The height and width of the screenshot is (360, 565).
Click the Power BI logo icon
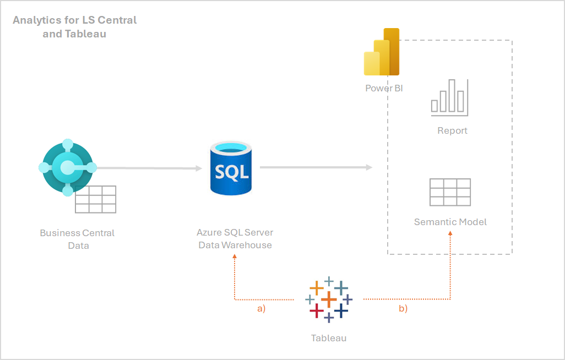coord(382,53)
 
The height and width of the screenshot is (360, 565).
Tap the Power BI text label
coord(384,88)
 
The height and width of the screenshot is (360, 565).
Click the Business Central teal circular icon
coord(68,167)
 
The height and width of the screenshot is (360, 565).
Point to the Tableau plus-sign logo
coord(329,299)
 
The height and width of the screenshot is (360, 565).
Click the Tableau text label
coord(329,338)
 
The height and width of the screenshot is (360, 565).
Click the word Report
coord(452,130)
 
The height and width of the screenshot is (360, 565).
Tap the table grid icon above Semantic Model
coord(450,192)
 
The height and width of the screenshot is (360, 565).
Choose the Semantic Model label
coord(450,222)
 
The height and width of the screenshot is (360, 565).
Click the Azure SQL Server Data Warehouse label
coord(235,239)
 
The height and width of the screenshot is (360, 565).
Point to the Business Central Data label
coord(78,239)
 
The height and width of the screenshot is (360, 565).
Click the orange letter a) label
coord(262,309)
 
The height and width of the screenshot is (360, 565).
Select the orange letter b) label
coord(403,309)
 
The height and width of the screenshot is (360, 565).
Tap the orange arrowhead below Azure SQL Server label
coord(235,257)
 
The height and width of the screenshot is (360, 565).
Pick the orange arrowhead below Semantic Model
coord(450,233)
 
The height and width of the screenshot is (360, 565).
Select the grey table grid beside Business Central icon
coord(96,199)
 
